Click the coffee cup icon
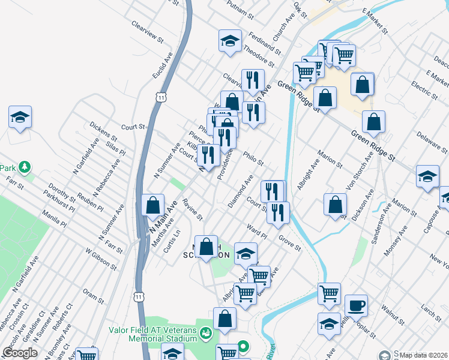(356, 305)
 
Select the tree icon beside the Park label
(24, 166)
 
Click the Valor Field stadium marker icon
(206, 332)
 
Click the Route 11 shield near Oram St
(139, 296)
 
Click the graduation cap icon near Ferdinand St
(230, 41)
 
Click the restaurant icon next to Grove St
(279, 212)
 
